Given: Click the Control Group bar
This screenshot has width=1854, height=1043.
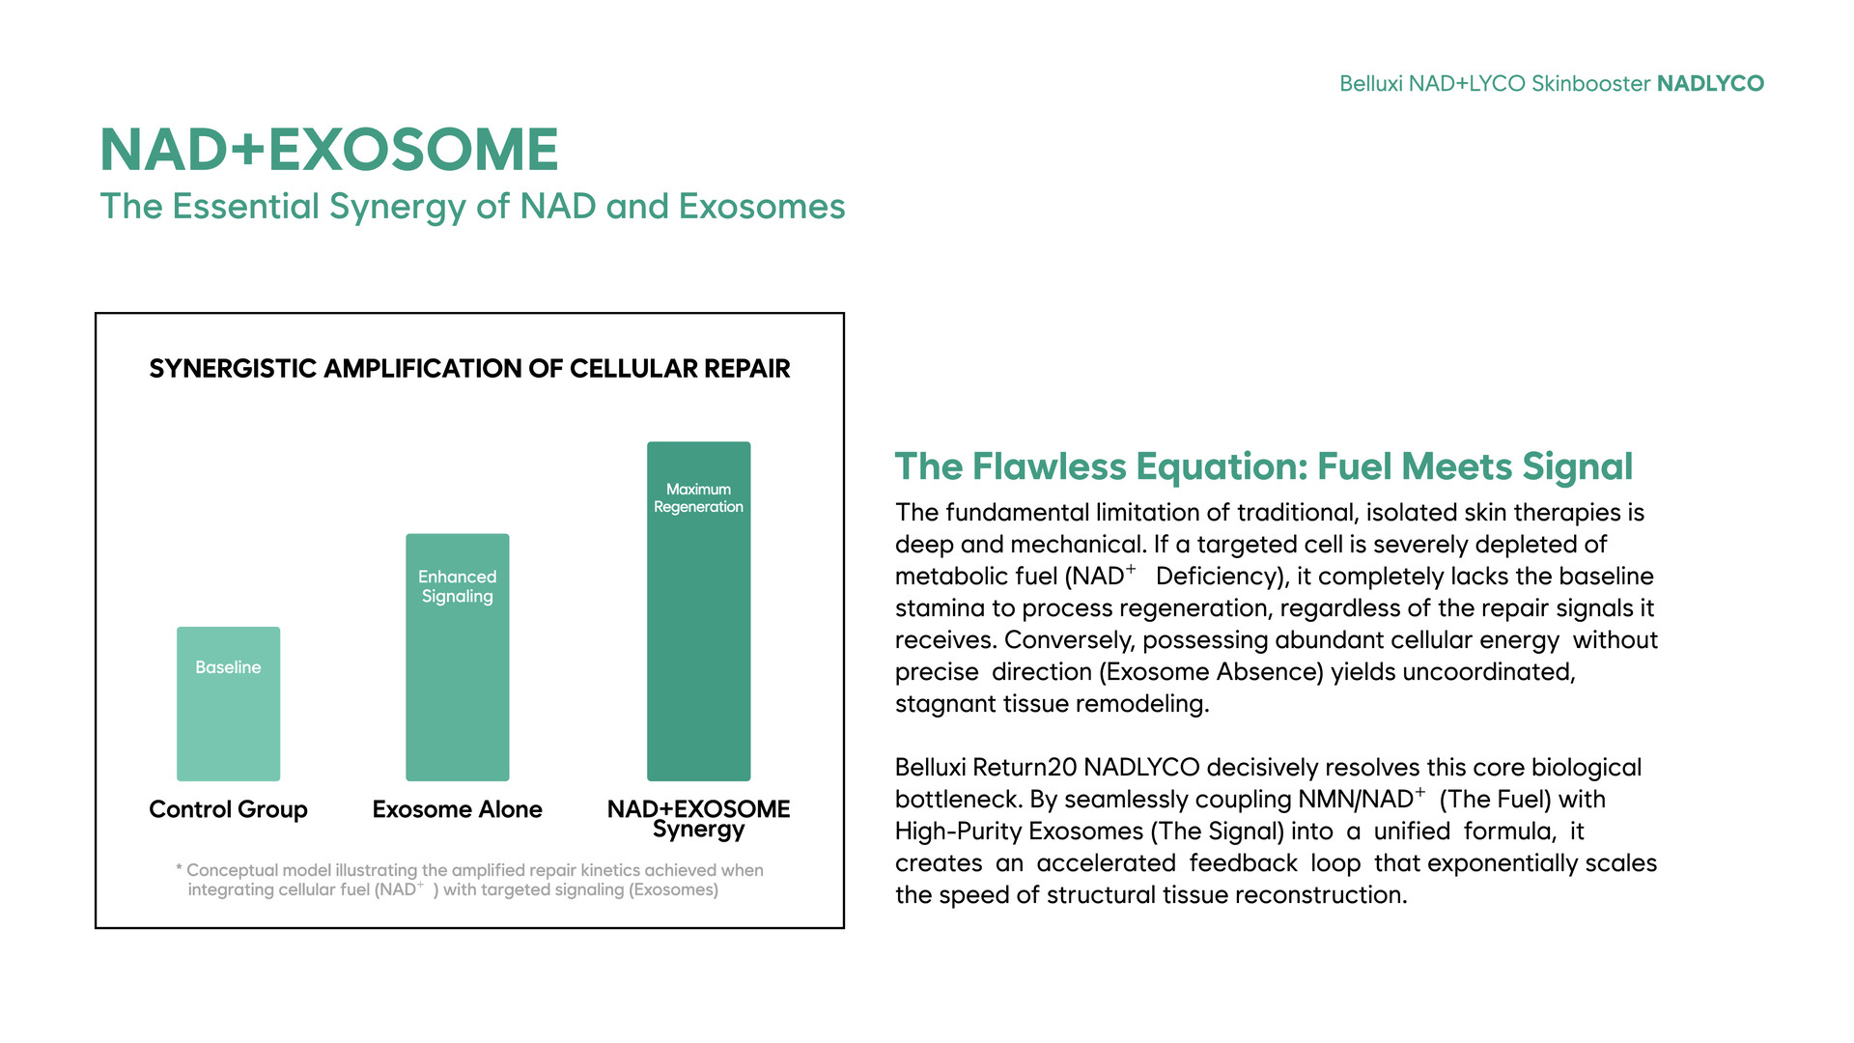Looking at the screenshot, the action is [228, 704].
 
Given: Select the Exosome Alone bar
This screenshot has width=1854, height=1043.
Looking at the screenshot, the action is [457, 658].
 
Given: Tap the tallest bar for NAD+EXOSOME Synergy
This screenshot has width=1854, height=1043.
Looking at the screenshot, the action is [698, 611].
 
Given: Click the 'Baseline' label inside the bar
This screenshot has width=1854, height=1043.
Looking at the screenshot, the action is [228, 667].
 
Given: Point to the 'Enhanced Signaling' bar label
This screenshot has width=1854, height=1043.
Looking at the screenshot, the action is [457, 586].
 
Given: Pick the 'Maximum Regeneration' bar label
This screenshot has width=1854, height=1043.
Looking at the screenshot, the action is [698, 498].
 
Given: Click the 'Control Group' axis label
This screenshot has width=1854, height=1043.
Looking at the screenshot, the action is [228, 809].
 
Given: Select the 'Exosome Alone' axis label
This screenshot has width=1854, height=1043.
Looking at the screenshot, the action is [457, 809].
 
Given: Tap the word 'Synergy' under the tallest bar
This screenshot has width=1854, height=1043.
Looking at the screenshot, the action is [698, 831].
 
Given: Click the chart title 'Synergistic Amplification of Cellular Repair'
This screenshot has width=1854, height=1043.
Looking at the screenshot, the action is [469, 369].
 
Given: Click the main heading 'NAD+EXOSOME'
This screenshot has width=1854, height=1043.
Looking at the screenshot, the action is [329, 150].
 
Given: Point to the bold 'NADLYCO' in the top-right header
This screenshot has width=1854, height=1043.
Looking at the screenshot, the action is [1710, 84].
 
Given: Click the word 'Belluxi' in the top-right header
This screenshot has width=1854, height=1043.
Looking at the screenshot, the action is [1370, 84].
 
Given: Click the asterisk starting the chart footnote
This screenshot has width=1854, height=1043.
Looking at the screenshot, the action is [180, 868].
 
